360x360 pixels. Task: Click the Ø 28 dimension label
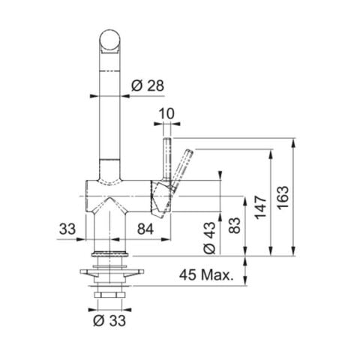point(146,85)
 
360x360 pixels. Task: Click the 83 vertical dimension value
point(234,225)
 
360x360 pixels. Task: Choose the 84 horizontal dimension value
point(146,228)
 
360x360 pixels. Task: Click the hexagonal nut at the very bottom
point(111,297)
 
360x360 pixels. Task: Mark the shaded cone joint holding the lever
point(160,196)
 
